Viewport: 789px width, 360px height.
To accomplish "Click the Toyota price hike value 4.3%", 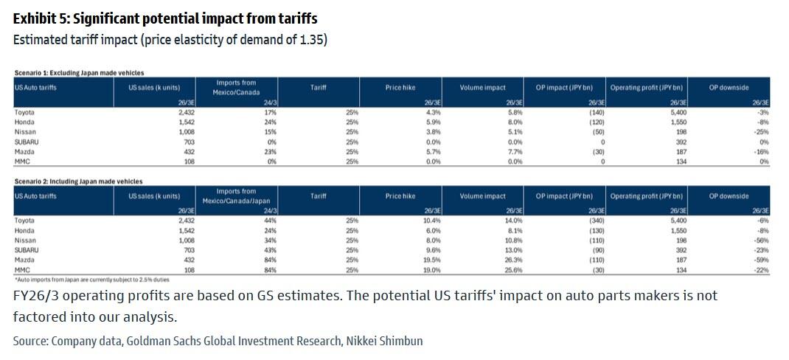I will click(433, 112).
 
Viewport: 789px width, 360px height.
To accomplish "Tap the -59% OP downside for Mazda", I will click(762, 260).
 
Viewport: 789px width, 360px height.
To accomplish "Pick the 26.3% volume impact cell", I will click(515, 260).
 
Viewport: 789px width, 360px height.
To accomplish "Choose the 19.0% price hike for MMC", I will click(432, 271).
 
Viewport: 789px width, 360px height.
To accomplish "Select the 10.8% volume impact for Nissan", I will click(514, 240).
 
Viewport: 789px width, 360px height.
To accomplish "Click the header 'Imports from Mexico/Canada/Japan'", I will click(237, 196).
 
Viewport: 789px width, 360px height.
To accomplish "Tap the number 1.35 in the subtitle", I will click(311, 39).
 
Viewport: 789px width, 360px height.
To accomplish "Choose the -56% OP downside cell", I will click(762, 240).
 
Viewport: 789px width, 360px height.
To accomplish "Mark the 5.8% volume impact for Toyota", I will click(515, 112).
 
